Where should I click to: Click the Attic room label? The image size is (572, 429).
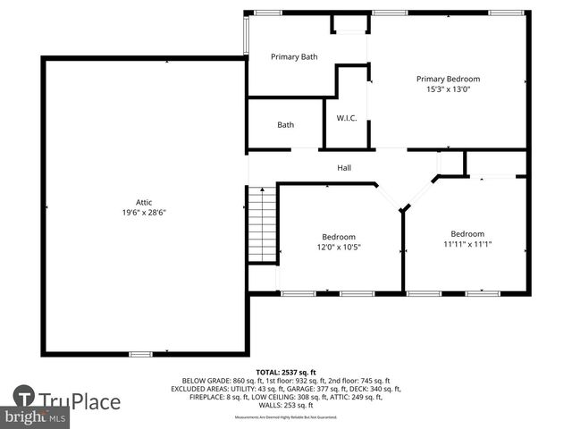click(144, 202)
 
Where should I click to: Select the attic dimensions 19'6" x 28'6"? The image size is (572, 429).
click(144, 213)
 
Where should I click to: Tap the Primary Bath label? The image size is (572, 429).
click(294, 57)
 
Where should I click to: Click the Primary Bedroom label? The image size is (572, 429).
click(448, 79)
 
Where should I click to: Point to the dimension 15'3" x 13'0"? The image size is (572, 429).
click(448, 89)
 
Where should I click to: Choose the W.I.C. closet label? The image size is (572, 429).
click(347, 118)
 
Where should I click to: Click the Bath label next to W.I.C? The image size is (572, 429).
click(285, 125)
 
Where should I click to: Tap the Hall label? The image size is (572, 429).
click(344, 168)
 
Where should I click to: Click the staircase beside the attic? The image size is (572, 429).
click(262, 224)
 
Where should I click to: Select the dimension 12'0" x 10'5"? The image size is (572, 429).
click(339, 248)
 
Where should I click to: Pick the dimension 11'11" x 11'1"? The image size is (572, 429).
click(467, 244)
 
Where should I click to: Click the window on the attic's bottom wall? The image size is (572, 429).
click(140, 355)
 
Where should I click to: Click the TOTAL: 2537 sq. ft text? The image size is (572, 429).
click(286, 372)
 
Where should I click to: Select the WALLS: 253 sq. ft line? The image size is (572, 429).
click(286, 405)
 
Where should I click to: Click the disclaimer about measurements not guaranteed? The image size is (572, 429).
click(286, 417)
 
